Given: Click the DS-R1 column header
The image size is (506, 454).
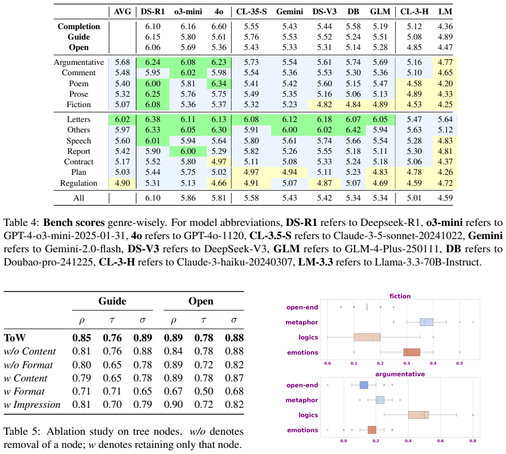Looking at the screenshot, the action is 153,12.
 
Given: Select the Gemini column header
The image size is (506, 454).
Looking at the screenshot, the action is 289,12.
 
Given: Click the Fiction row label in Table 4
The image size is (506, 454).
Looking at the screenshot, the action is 79,104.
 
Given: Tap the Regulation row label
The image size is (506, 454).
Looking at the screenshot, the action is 79,183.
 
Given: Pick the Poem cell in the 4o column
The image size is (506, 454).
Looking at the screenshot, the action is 219,84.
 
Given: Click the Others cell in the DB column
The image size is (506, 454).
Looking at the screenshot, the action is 353,130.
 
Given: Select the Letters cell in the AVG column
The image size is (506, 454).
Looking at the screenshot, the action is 122,119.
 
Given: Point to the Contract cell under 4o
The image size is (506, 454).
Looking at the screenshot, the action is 219,162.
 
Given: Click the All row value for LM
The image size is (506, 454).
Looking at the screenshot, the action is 445,198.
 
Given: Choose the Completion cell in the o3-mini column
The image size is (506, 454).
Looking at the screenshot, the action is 188,26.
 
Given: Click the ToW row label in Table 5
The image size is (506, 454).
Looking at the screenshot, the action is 15,337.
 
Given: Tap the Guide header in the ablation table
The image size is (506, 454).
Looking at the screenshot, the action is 112,301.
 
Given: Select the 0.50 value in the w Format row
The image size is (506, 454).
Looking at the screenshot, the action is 204,391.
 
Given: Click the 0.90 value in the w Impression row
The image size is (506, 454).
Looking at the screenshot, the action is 173,405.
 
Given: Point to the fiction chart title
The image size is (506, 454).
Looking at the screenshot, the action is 400,296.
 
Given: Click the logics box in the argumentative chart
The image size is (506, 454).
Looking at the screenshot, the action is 418,415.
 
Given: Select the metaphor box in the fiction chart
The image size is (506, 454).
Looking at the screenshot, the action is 426,322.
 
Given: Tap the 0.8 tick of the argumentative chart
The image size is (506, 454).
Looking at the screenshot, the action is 473,441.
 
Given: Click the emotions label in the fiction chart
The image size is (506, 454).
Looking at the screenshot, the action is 302,352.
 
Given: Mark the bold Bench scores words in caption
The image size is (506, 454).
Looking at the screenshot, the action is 74,223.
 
